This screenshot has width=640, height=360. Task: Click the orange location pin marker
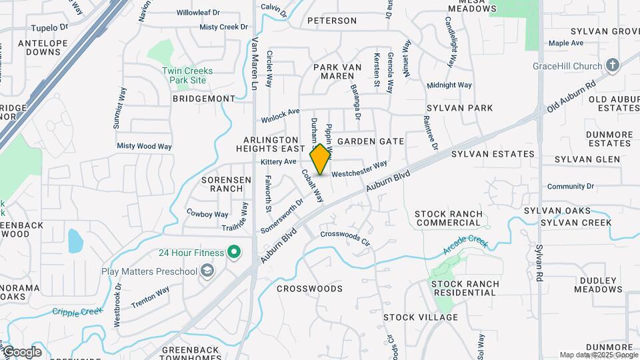click(321, 159)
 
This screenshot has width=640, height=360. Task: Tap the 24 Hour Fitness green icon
click(233, 252)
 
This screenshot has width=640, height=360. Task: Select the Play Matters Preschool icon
click(207, 271)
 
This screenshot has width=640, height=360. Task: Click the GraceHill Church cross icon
click(613, 65)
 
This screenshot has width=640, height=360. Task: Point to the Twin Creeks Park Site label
click(187, 75)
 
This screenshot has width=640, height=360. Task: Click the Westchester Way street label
click(359, 169)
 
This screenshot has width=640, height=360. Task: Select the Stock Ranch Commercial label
click(448, 218)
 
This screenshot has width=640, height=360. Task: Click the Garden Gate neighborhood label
click(371, 141)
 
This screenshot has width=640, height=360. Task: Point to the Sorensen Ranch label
click(227, 184)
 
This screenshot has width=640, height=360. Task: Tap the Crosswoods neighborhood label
click(309, 289)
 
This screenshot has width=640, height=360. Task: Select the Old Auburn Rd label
click(571, 97)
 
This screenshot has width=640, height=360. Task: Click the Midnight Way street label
click(449, 85)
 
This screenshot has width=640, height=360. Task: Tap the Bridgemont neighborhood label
click(204, 98)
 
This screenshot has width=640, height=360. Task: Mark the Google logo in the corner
click(22, 352)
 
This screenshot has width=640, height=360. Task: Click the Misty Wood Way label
click(144, 146)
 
